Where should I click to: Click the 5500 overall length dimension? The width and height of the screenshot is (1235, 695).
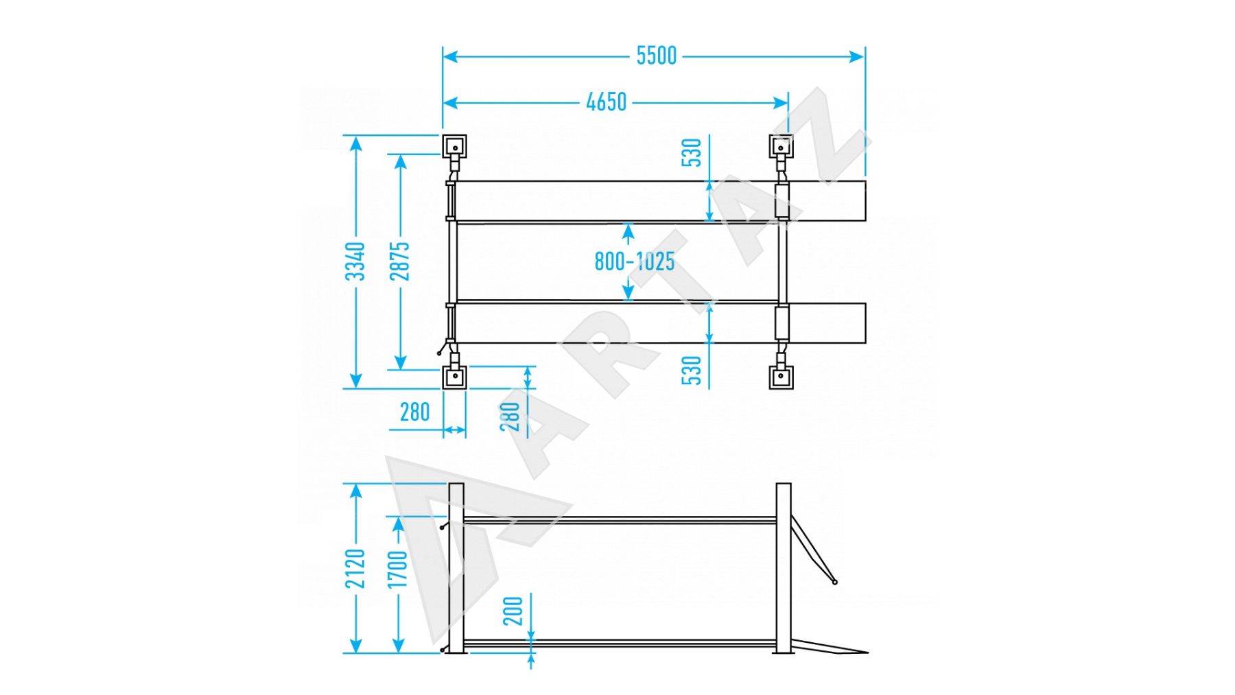[x=656, y=56]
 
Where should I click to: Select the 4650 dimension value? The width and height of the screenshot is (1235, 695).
[x=607, y=102]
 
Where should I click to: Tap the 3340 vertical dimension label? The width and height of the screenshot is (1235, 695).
[x=355, y=261]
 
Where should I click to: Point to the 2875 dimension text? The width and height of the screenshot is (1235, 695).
[x=400, y=261]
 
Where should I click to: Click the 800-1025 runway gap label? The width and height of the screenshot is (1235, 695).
[x=634, y=261]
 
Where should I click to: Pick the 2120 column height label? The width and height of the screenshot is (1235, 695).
[x=355, y=568]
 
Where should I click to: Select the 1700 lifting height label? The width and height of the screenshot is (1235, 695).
[x=399, y=568]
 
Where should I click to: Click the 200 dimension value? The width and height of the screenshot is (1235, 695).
[x=513, y=611]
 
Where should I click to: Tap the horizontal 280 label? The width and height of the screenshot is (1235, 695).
[x=414, y=412]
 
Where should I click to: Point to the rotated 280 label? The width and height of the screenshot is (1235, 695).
[x=510, y=416]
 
